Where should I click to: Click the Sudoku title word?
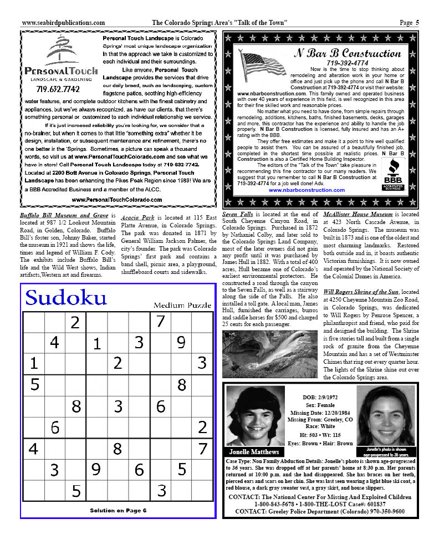click(66, 298)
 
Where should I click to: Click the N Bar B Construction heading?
click(346, 54)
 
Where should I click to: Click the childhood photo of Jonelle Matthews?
click(254, 417)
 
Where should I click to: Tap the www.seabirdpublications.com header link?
click(63, 23)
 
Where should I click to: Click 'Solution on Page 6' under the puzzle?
click(118, 510)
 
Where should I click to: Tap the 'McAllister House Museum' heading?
click(363, 214)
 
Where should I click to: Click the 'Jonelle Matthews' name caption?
click(254, 452)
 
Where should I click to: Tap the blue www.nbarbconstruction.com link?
click(306, 190)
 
